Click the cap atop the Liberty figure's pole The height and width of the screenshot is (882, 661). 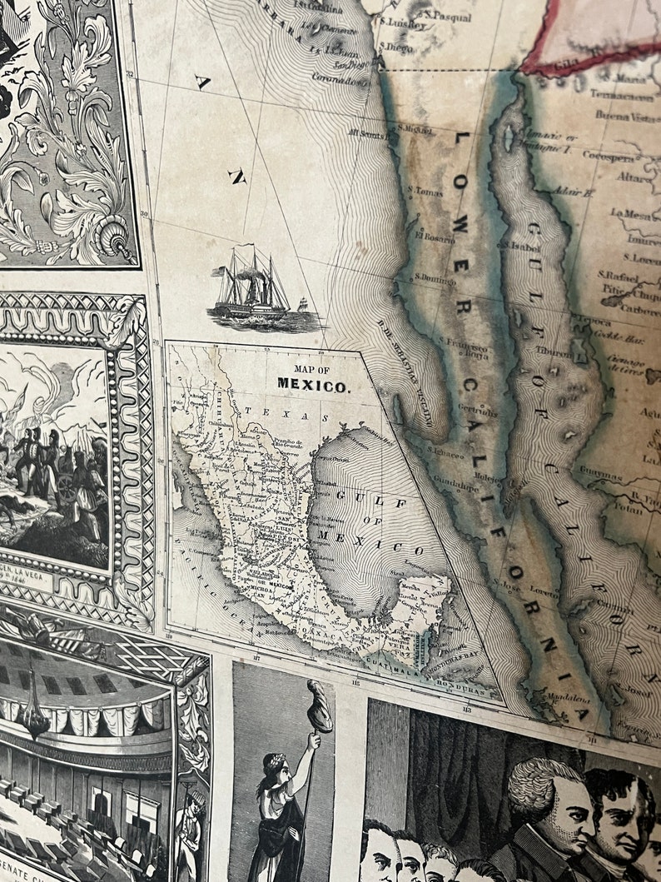pos(319,705)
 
